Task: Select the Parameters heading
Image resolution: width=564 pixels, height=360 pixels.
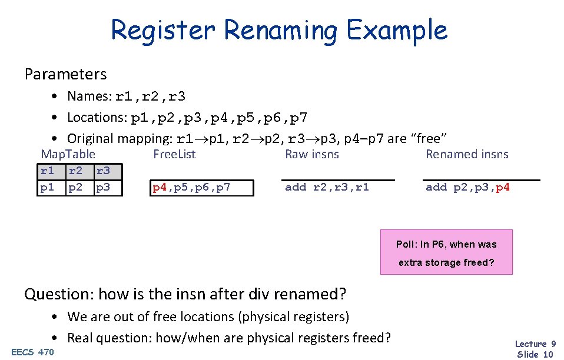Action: click(x=65, y=75)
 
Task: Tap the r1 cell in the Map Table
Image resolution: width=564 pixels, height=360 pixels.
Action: click(x=47, y=171)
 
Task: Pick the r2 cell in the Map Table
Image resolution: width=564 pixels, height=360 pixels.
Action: click(x=75, y=171)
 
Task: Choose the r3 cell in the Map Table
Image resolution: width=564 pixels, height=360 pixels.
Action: click(x=103, y=171)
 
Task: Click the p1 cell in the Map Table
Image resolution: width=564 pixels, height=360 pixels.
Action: click(x=47, y=188)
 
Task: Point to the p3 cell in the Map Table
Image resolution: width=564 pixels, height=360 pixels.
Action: click(x=103, y=188)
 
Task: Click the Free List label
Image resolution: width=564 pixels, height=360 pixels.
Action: click(x=174, y=155)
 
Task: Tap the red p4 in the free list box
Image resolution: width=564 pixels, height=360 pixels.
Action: click(x=159, y=188)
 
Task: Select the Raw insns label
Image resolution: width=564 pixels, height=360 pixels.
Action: click(x=312, y=155)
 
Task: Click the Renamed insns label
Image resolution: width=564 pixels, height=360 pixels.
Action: click(x=467, y=155)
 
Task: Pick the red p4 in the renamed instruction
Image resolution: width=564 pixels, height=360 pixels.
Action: click(x=502, y=187)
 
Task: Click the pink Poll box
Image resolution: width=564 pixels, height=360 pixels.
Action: click(x=446, y=252)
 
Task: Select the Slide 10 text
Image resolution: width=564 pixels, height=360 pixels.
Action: click(x=535, y=354)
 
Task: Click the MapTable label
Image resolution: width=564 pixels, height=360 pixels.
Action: click(x=68, y=155)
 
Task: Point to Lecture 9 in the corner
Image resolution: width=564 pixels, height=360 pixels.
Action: click(x=535, y=344)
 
